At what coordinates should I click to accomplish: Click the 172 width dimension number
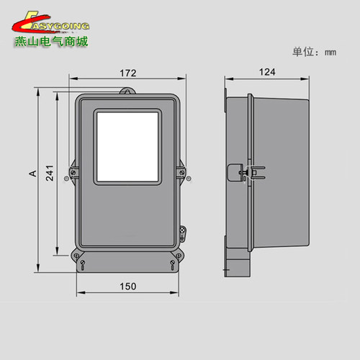click(129, 73)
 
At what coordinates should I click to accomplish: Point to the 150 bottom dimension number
click(127, 286)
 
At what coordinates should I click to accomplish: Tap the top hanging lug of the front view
click(127, 91)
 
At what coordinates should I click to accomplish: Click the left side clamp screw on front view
click(73, 174)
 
